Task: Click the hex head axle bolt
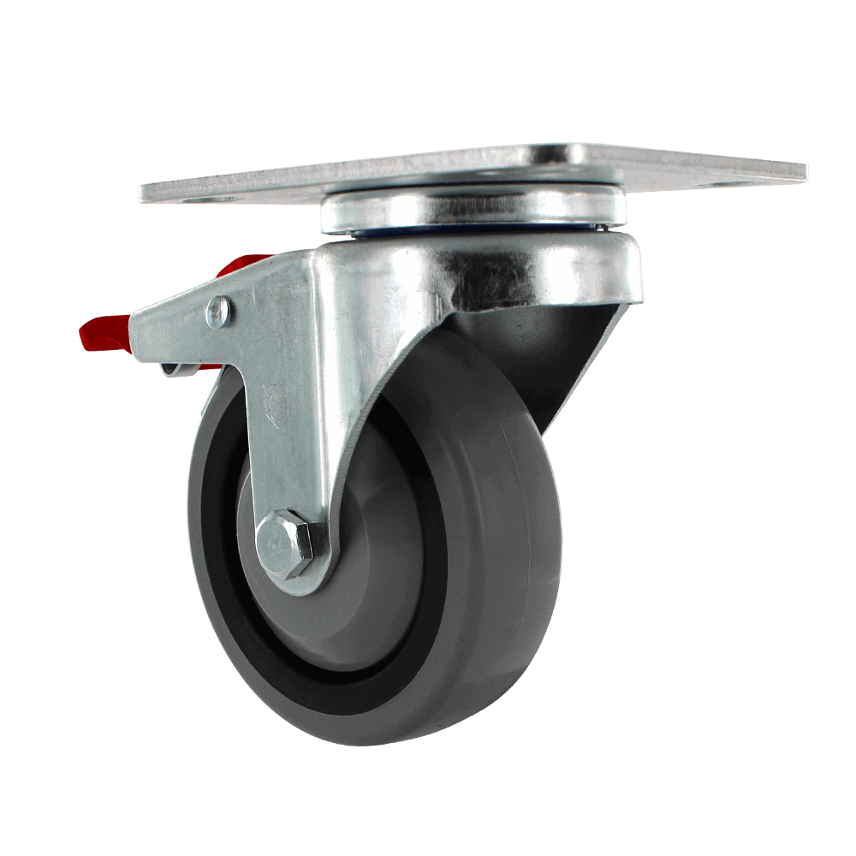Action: [x=283, y=544]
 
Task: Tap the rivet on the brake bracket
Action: [x=219, y=312]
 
